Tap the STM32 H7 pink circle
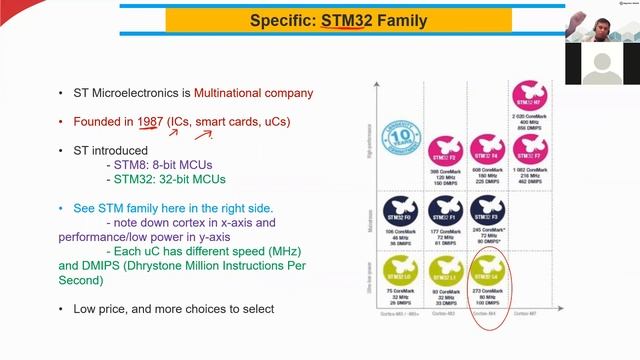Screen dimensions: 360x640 coord(529,97)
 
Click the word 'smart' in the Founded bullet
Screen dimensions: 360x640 coord(212,121)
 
